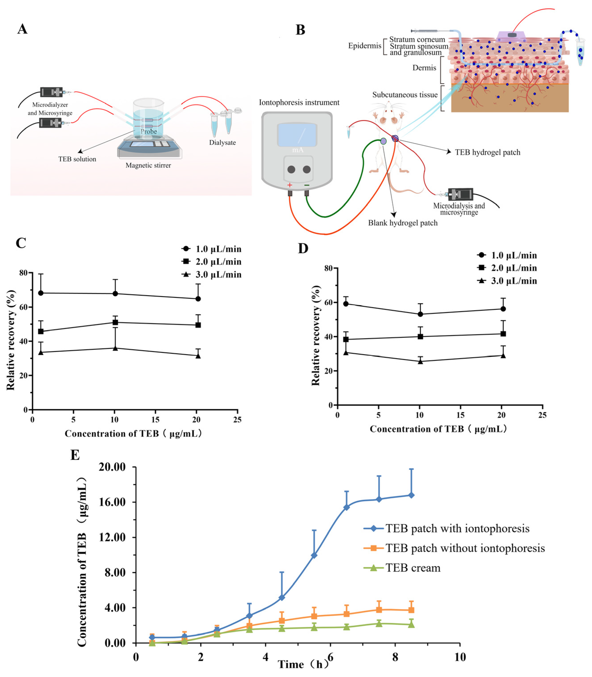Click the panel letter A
(22, 29)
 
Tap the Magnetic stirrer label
(148, 165)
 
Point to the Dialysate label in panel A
(222, 142)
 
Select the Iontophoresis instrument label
(299, 103)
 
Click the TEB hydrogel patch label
(487, 152)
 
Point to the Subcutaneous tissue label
(405, 95)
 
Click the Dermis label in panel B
(424, 68)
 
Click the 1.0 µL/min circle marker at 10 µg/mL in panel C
(115, 293)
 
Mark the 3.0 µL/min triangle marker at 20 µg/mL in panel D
(503, 356)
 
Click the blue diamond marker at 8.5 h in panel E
(411, 495)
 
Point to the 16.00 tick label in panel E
(112, 502)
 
